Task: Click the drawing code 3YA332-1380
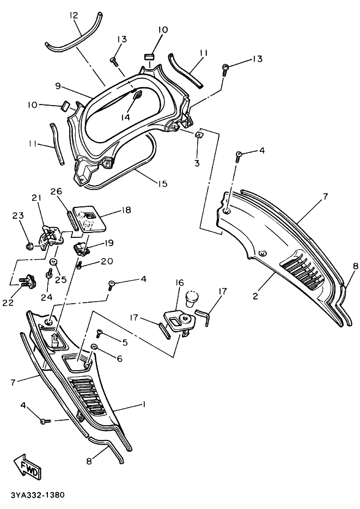click(38, 495)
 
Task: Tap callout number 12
click(74, 15)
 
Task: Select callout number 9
click(58, 86)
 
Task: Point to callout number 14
click(125, 117)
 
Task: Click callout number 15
click(162, 183)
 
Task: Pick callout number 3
click(197, 163)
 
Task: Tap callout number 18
click(126, 210)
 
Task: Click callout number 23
click(18, 215)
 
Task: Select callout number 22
click(8, 302)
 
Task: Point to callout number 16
click(180, 283)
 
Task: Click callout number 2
click(255, 296)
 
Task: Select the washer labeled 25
click(53, 261)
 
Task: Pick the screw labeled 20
click(79, 266)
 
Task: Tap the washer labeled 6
click(94, 346)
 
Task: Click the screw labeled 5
click(99, 333)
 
